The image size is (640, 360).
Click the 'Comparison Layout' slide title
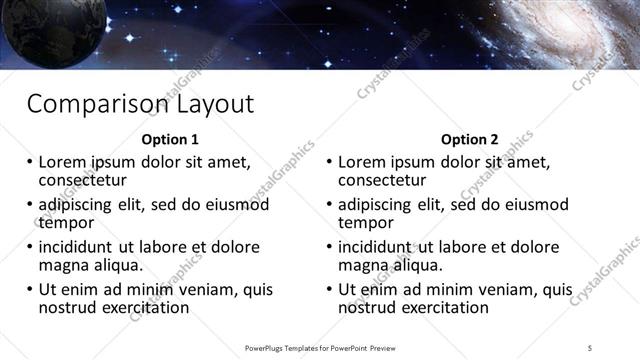coord(140,103)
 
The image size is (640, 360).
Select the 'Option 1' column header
coord(170,139)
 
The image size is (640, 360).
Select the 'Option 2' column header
coord(469,139)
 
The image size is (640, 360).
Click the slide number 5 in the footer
coord(590,347)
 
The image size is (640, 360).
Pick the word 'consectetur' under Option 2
coord(382,181)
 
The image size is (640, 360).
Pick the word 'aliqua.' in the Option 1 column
coord(116,267)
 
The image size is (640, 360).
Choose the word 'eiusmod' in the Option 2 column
coord(532,205)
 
